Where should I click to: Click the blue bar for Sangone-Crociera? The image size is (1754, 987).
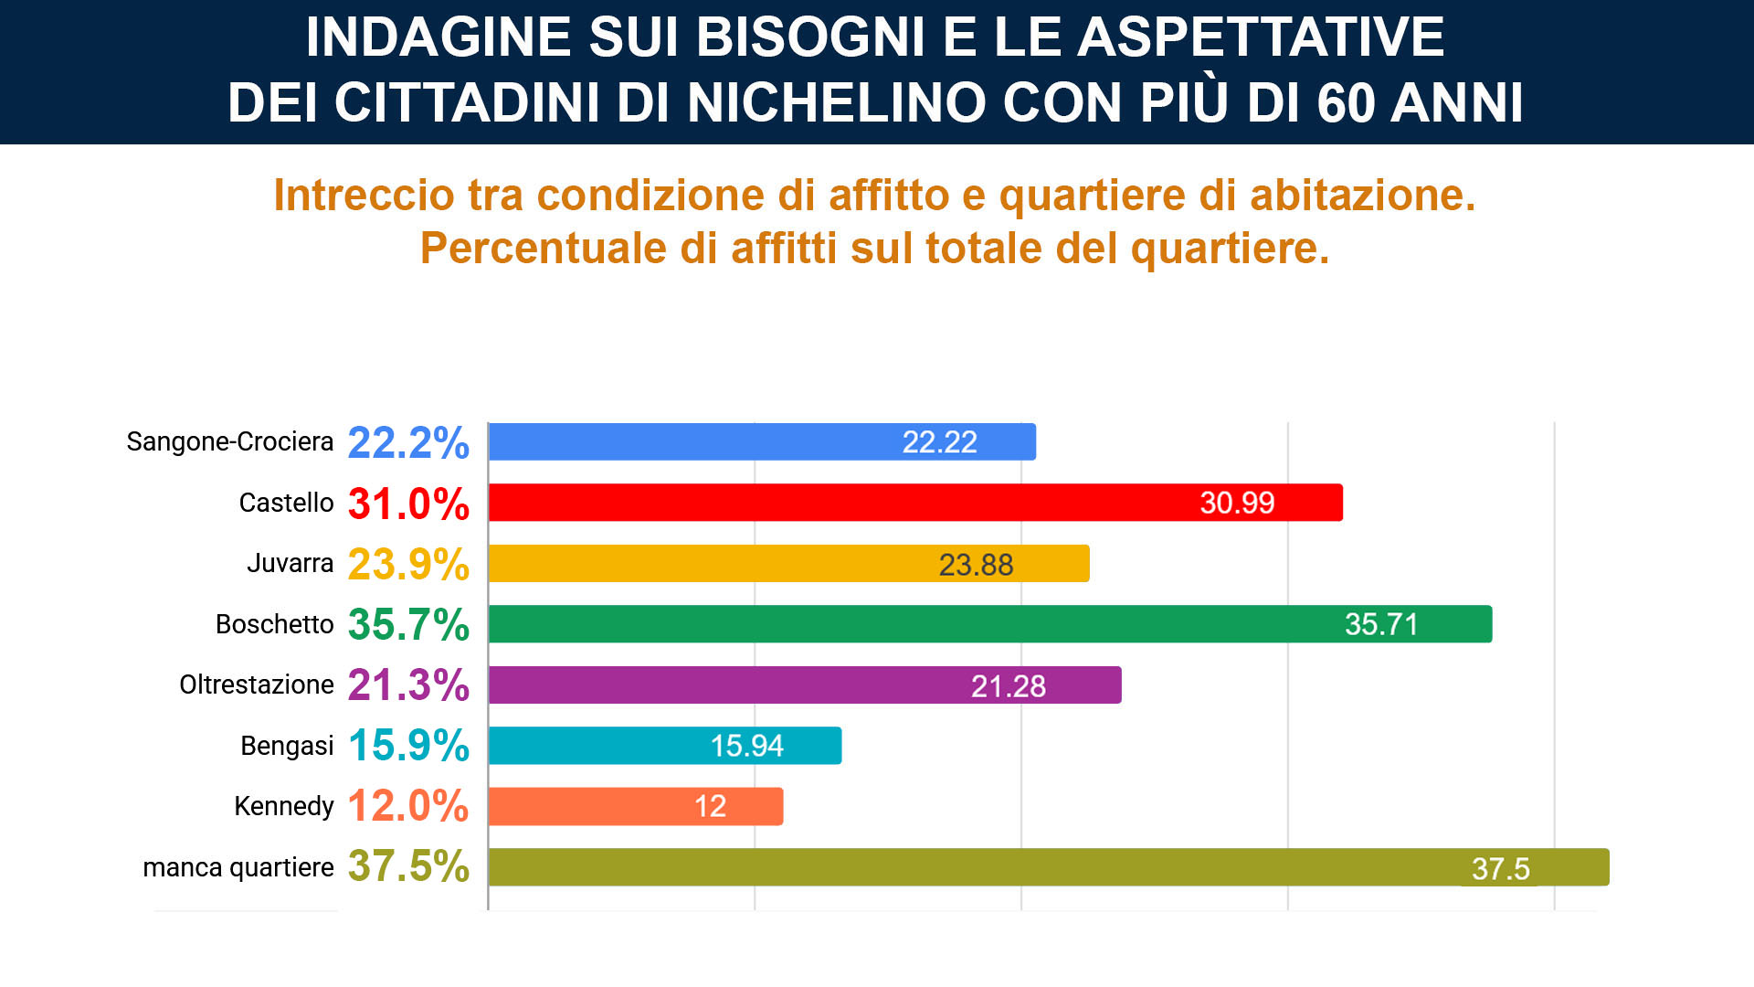click(x=762, y=441)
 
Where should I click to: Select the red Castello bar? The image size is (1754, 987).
click(x=915, y=503)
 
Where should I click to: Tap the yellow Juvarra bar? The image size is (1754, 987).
click(x=789, y=564)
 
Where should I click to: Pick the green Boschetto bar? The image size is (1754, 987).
click(x=990, y=624)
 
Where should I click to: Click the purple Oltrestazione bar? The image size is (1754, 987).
click(x=805, y=685)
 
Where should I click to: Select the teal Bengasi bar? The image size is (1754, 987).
click(x=665, y=746)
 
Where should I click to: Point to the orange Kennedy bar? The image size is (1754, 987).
click(x=636, y=806)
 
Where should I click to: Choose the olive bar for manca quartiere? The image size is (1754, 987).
click(x=1049, y=867)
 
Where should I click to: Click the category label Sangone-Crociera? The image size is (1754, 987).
click(x=230, y=442)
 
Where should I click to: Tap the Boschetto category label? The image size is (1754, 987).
click(x=275, y=624)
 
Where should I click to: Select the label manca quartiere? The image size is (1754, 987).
click(x=238, y=868)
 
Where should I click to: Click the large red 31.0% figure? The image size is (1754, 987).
click(x=408, y=504)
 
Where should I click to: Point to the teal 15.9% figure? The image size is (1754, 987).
click(x=408, y=746)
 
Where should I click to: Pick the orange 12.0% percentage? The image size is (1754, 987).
click(x=408, y=806)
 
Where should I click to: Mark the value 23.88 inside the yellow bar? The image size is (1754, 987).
click(x=977, y=565)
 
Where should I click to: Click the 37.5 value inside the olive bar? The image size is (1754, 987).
click(x=1501, y=868)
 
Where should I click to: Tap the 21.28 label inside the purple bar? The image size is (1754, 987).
click(x=1009, y=686)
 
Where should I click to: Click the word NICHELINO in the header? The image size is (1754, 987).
click(x=837, y=101)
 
